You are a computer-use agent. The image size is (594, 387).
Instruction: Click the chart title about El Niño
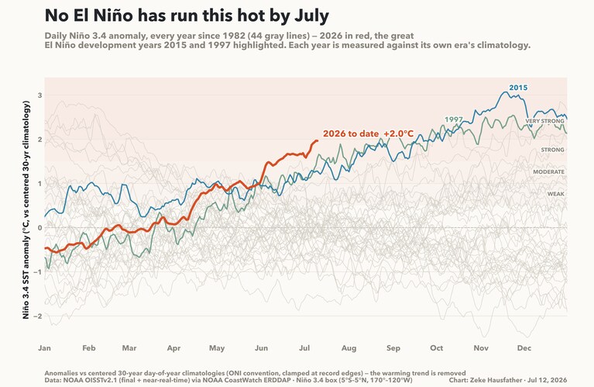tap(187, 16)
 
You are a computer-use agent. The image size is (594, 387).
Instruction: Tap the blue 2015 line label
tap(518, 88)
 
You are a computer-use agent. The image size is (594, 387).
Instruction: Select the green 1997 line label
tap(454, 119)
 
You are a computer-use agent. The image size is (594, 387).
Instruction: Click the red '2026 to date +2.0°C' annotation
tap(368, 133)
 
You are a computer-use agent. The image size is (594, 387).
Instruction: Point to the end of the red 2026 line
tap(317, 140)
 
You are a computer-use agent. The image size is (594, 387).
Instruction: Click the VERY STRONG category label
tap(544, 121)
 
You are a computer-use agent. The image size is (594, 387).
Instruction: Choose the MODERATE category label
tap(548, 172)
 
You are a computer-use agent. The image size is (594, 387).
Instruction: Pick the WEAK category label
tap(556, 194)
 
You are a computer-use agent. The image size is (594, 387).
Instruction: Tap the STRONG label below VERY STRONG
tap(552, 150)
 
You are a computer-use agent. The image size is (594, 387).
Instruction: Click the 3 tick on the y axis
tap(39, 95)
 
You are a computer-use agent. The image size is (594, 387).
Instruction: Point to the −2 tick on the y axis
tap(37, 316)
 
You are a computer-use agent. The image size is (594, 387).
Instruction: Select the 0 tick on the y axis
tap(39, 228)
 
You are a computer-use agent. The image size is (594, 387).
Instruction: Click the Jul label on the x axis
tap(304, 348)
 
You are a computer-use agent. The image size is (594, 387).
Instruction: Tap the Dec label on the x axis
tap(524, 348)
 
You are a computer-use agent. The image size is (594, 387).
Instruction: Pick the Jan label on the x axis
tap(44, 348)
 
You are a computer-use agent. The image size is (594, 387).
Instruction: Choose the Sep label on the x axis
tap(393, 348)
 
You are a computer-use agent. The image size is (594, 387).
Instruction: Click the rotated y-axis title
tap(26, 209)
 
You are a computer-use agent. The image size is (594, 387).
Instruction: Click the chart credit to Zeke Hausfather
tap(508, 380)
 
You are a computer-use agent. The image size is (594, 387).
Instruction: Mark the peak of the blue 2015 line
tap(506, 92)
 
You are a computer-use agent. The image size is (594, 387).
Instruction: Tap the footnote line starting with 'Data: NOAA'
tap(228, 380)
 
